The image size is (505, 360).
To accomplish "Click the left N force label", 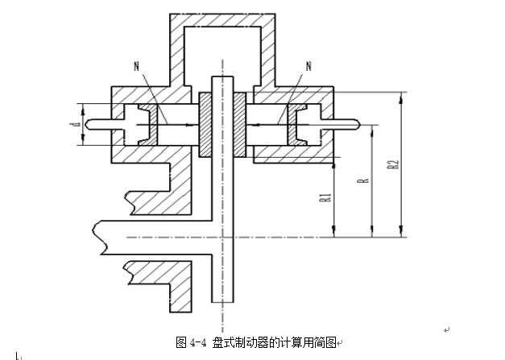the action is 137,66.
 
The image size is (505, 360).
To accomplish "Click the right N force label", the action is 308,66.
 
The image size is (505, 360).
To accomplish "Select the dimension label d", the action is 76,124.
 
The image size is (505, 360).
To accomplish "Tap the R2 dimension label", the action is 393,164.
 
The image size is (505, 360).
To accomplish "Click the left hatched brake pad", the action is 205,125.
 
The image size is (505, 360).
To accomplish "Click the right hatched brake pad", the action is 240,125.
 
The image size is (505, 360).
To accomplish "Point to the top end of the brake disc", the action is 222,77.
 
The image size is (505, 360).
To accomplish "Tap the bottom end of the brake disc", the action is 222,302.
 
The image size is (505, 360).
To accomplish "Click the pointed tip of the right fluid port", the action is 360,124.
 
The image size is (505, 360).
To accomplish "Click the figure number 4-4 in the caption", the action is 198,342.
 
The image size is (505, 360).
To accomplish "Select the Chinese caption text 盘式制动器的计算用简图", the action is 274,342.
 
